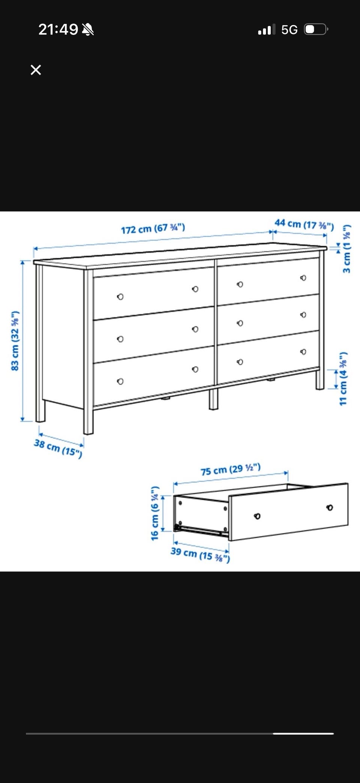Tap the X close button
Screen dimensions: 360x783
pos(36,70)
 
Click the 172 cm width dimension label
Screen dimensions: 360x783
pos(153,228)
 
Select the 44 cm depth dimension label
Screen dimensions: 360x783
pos(304,224)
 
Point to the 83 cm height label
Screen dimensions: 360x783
pos(15,341)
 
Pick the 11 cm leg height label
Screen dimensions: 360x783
pos(343,379)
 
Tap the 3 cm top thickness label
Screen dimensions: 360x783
pos(347,249)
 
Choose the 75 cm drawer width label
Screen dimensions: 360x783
pos(231,469)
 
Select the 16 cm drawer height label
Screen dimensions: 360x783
pos(155,513)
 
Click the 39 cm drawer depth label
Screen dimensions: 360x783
pos(200,554)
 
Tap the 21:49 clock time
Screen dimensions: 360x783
pos(58,29)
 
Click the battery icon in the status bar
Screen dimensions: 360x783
pos(316,29)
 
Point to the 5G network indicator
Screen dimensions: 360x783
pos(289,30)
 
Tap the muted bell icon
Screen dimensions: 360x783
pos(88,29)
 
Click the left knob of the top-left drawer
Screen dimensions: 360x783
pos(120,297)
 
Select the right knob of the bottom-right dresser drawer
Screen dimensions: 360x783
pos(303,352)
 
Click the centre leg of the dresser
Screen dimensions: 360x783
pos(213,398)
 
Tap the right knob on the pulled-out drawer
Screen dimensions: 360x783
pos(330,508)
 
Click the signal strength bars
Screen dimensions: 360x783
pos(267,29)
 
